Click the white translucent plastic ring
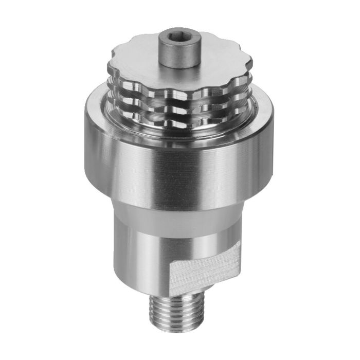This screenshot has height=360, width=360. [175, 216]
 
